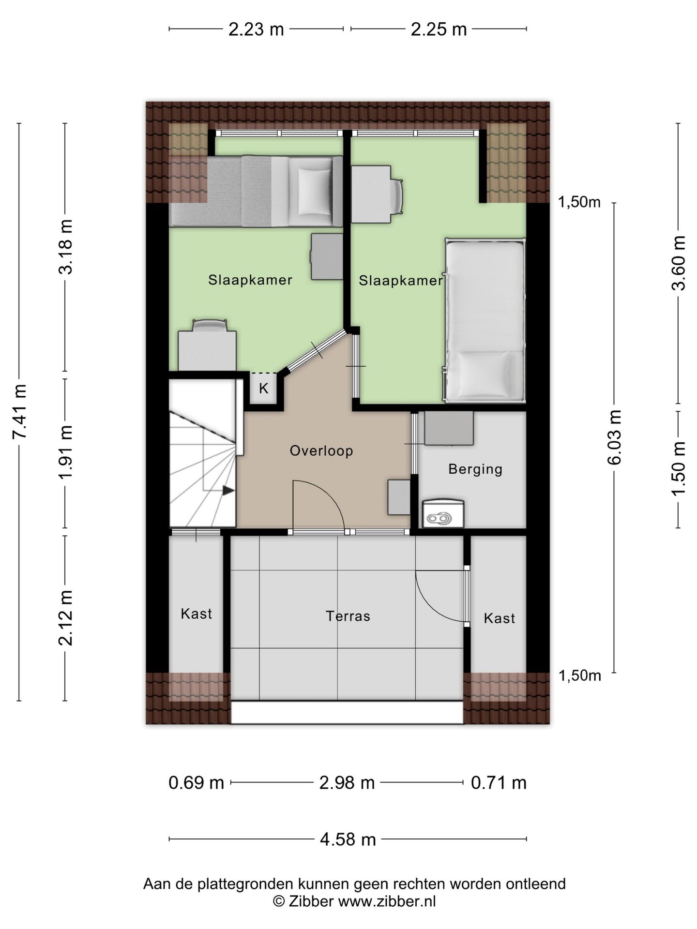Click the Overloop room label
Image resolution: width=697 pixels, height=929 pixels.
pos(321,451)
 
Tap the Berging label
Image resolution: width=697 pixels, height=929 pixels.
pos(475,469)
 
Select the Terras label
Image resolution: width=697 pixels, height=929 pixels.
pos(348,616)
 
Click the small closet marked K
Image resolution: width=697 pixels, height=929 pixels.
pos(263,389)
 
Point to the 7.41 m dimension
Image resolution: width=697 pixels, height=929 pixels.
pos(20,412)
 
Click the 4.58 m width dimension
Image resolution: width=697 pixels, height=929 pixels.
pos(348,839)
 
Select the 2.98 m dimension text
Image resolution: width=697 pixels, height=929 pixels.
pos(347,782)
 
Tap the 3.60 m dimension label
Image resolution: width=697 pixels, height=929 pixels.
pos(679,263)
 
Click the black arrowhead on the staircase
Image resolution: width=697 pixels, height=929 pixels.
pos(228,491)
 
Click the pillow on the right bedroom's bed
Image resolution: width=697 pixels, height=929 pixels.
pos(484,373)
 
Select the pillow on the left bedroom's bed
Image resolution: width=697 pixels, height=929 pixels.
pos(314,193)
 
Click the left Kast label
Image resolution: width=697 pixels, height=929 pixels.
pos(197,614)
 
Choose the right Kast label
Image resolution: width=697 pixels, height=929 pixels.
pos(500,618)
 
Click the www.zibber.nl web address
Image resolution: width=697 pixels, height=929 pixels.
pos(387,901)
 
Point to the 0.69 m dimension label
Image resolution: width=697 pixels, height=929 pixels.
pos(197,782)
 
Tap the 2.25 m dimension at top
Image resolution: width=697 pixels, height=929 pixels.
pos(439,30)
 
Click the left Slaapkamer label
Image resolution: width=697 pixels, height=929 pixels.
pos(250,280)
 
